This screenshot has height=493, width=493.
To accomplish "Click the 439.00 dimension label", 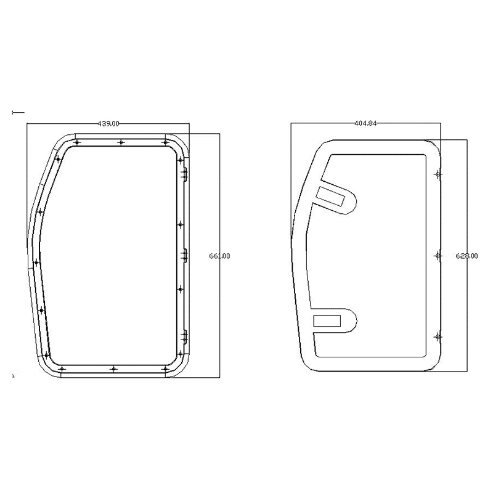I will (x=108, y=124).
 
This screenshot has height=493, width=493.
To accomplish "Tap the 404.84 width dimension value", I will (x=365, y=123).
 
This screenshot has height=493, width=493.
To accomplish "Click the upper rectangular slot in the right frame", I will (x=332, y=195).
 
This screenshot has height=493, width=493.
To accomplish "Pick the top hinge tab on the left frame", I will (x=183, y=175).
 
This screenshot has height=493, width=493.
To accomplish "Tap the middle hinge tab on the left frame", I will (x=184, y=255).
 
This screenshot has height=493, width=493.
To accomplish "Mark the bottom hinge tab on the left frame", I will (x=184, y=336).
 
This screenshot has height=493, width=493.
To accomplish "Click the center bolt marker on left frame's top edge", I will (x=121, y=142).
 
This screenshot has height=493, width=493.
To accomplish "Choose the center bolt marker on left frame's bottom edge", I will (x=113, y=369).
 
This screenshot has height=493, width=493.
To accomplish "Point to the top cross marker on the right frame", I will (x=438, y=174).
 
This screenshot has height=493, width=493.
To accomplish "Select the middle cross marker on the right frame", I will (x=438, y=255).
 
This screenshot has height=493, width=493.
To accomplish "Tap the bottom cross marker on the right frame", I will (x=438, y=336).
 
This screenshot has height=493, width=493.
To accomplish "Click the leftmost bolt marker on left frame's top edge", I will (x=76, y=142).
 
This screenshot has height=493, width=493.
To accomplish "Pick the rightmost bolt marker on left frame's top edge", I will (x=165, y=142).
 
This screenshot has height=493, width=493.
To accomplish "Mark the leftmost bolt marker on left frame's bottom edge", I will (x=62, y=369).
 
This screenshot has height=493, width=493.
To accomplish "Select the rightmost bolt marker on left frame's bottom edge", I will (x=165, y=369).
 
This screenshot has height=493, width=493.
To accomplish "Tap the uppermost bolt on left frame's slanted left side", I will (x=58, y=160).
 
